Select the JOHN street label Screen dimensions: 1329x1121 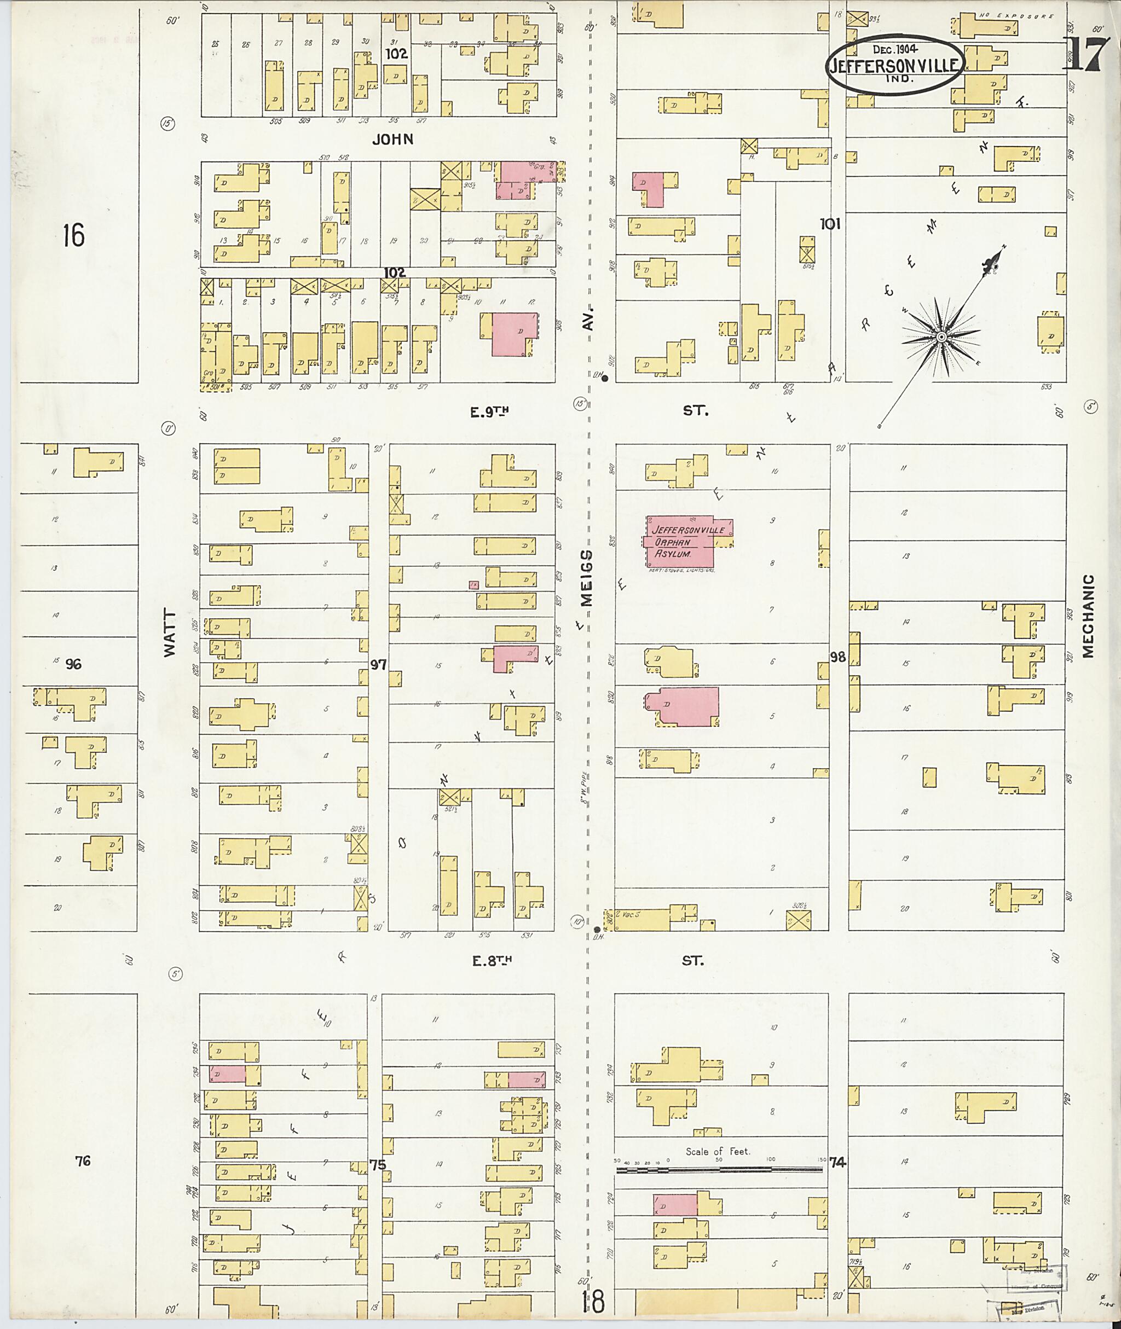point(392,139)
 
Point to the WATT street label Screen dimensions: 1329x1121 point(169,632)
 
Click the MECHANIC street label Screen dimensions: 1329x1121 point(1089,616)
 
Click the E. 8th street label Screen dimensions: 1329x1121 point(491,961)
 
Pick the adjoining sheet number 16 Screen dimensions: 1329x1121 point(73,236)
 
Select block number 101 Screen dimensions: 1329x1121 point(830,224)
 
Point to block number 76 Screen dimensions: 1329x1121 point(83,1160)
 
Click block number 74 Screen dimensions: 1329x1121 point(837,1162)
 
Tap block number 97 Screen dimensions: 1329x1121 point(379,664)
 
